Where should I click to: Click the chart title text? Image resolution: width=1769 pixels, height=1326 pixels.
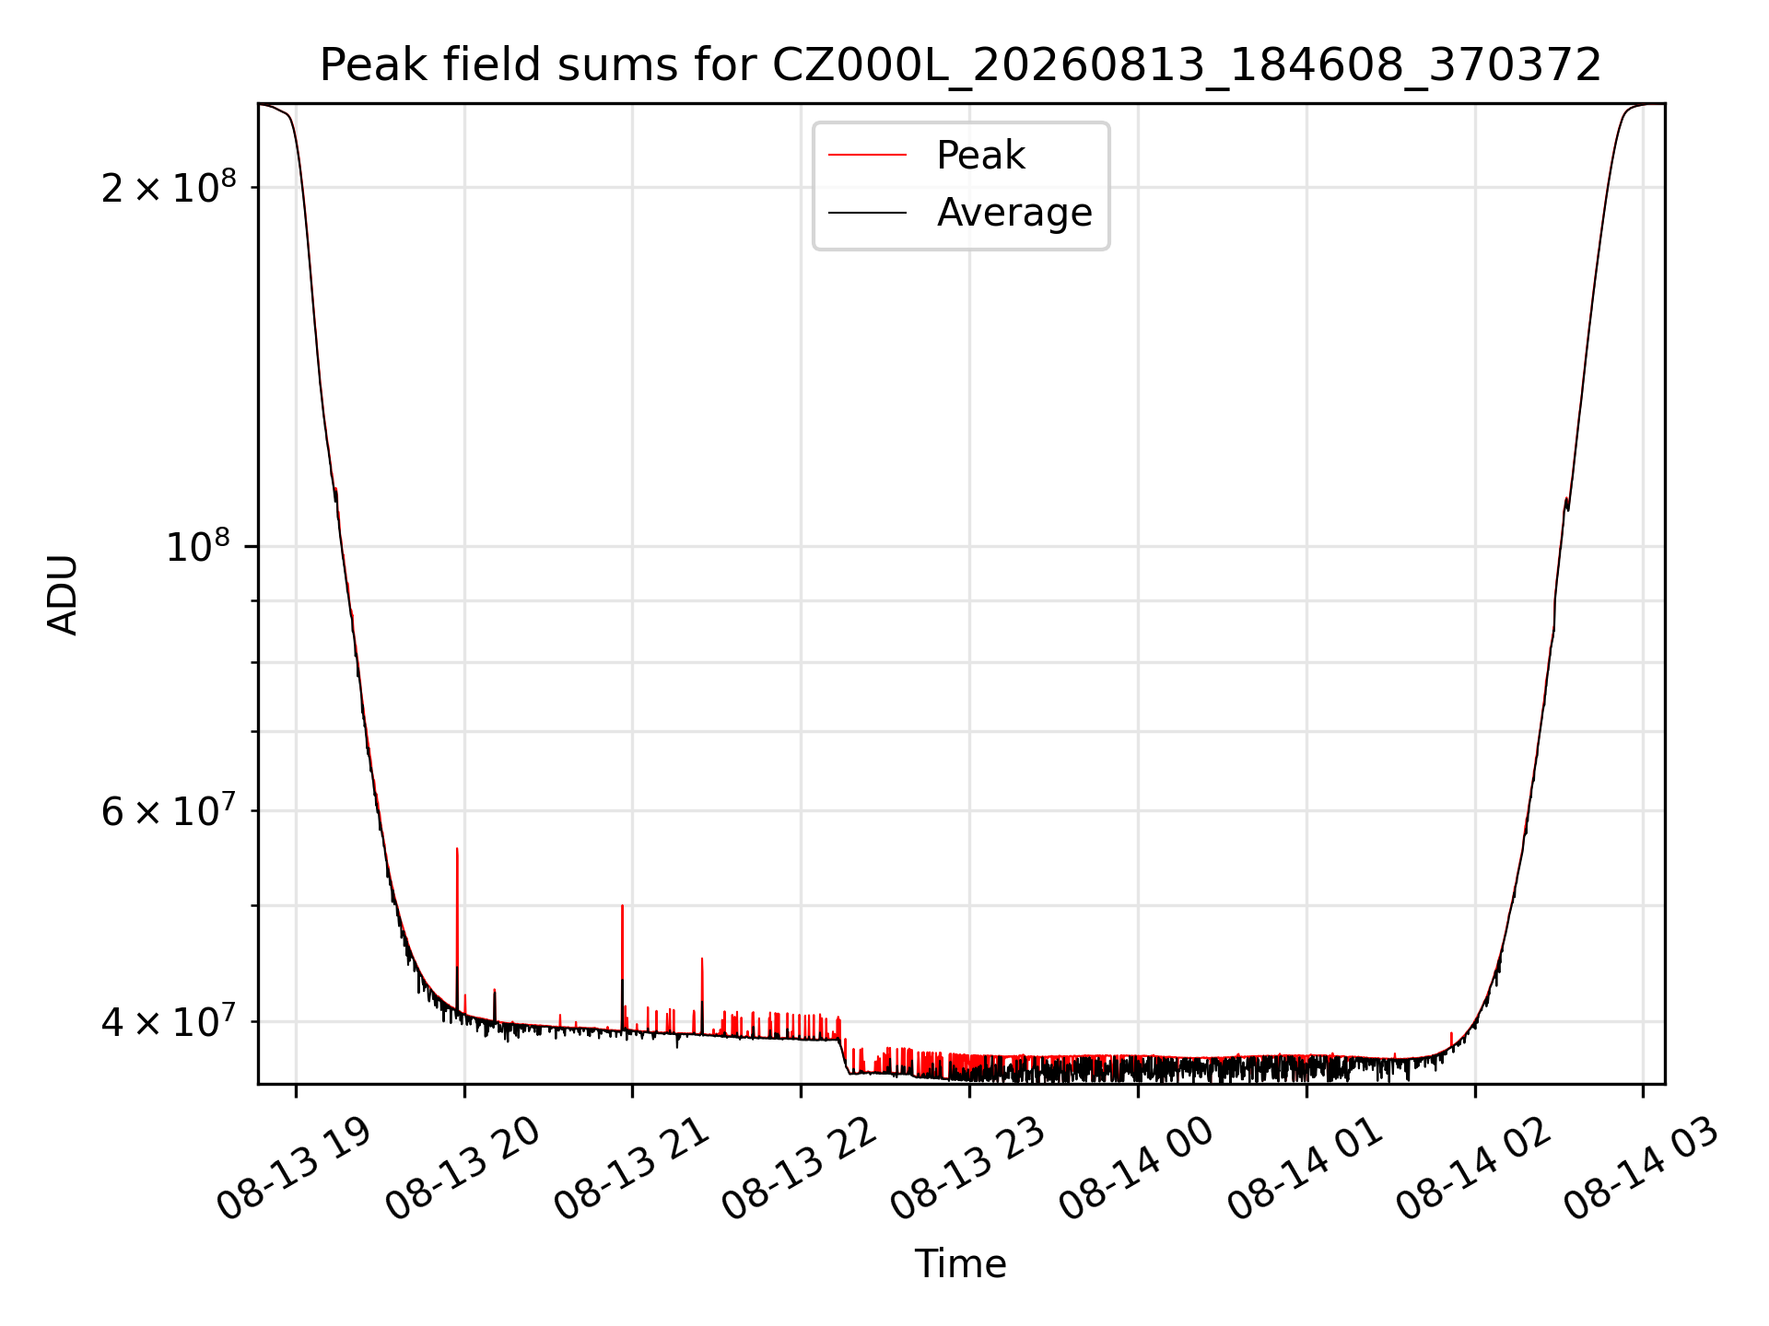960,65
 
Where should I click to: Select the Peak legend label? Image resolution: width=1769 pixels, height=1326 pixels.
980,156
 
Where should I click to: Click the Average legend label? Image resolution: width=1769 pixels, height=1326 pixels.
1014,213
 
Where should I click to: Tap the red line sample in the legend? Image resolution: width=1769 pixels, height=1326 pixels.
867,156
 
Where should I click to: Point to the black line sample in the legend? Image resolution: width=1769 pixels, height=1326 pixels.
867,213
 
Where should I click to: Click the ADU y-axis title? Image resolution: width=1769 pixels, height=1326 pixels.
63,595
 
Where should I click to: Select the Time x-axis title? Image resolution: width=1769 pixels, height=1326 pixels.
960,1264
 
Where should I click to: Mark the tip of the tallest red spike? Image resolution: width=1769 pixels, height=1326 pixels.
457,848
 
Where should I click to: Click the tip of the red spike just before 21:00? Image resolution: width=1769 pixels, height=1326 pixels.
622,905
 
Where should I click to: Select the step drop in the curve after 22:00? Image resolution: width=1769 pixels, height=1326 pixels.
843,1055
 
